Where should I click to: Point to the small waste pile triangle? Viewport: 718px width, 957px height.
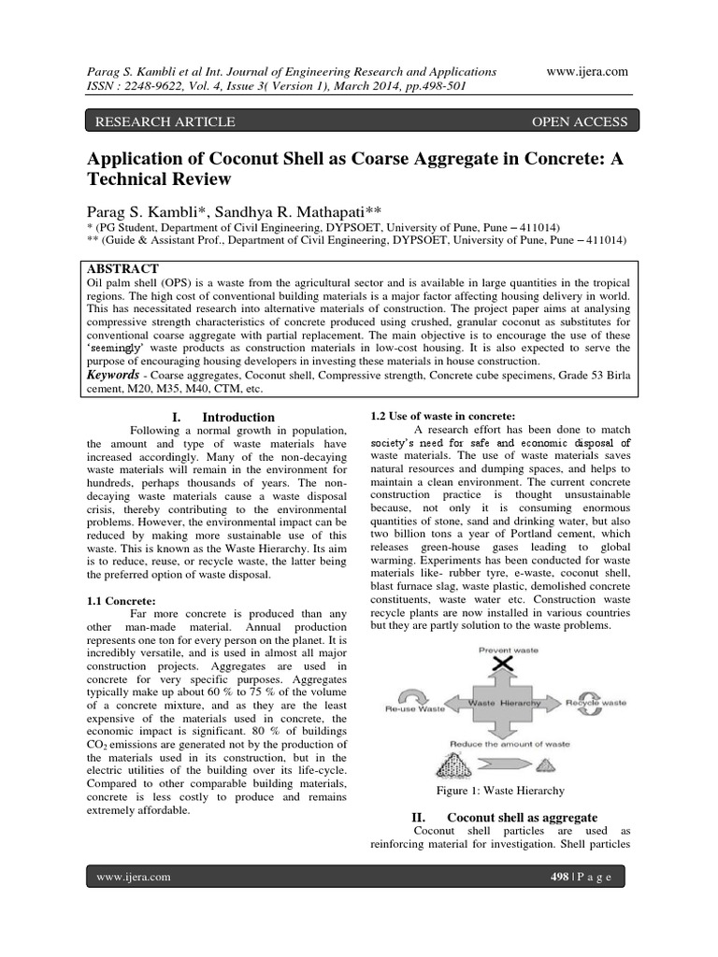point(580,765)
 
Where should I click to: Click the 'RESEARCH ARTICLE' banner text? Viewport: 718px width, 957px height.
point(160,121)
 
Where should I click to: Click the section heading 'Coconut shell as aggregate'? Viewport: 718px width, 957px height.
point(520,817)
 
